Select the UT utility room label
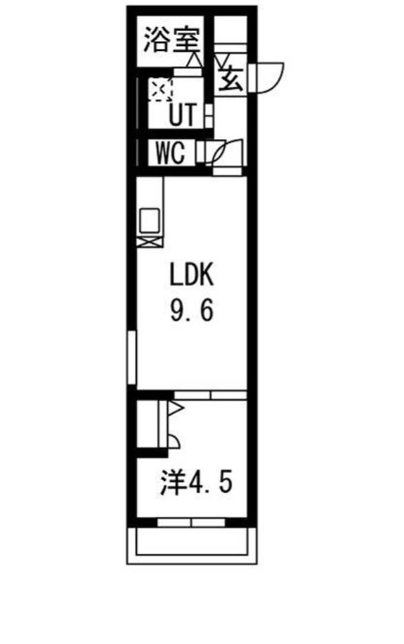182,115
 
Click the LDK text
193,276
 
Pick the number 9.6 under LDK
193,312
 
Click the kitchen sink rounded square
149,220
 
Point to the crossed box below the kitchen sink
149,241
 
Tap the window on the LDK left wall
131,358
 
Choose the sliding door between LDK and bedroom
210,395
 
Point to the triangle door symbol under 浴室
193,61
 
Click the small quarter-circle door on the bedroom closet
173,442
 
